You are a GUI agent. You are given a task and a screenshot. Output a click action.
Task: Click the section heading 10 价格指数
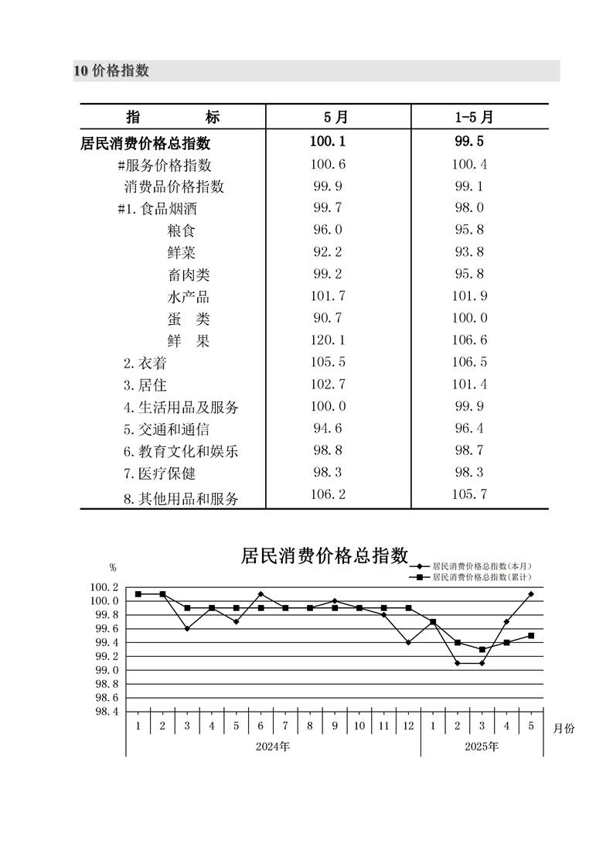pos(111,71)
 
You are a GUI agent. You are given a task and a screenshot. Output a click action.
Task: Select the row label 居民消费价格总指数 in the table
pos(145,143)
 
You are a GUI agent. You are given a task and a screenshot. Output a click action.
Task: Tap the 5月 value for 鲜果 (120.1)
pos(328,340)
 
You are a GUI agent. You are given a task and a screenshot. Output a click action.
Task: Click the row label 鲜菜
pos(182,252)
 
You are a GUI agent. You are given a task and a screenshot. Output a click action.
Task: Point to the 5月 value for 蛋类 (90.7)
pos(328,318)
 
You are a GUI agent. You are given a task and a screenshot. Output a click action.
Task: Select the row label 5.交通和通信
pos(166,429)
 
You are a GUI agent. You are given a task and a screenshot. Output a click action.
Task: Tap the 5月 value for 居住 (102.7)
pos(328,384)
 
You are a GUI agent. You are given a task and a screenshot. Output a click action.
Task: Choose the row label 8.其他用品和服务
pos(181,499)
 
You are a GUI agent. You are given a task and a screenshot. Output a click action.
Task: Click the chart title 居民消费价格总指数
pos(324,555)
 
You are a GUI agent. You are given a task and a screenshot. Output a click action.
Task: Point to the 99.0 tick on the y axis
pos(106,670)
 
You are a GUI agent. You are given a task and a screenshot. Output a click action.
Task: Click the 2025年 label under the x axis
pos(482,747)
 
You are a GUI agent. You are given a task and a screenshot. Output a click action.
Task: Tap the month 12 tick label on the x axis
pos(408,726)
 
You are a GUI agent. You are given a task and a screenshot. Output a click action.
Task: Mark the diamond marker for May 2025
pos(532,594)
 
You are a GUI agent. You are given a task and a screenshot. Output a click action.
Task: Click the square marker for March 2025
pos(482,649)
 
